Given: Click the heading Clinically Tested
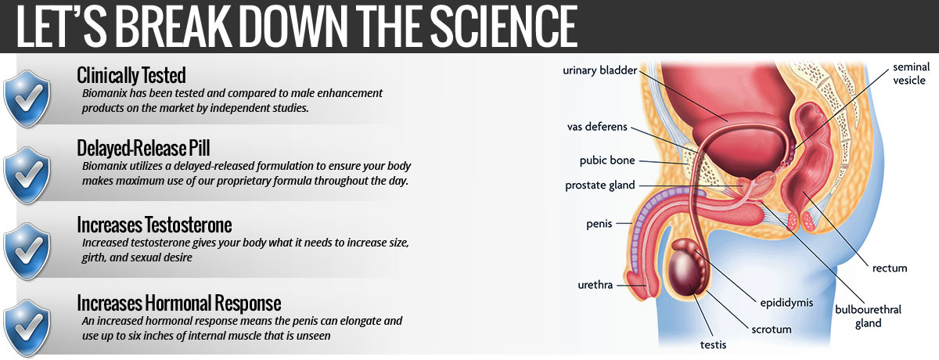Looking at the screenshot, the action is [131, 76].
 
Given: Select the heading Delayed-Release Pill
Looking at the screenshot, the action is [143, 149].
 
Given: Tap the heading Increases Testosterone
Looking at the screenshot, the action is [154, 225].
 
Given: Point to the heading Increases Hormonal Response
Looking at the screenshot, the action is [179, 303].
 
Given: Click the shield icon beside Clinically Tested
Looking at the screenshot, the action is [27, 99].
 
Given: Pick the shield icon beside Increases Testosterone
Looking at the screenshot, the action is [27, 251].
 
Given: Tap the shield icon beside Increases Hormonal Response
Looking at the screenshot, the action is [27, 328].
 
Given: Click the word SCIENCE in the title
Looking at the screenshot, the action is [503, 26].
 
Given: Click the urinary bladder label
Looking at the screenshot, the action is [600, 70].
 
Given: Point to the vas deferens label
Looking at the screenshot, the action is [597, 127].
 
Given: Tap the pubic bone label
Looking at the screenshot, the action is [607, 160].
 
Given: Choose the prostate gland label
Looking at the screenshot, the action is [600, 185].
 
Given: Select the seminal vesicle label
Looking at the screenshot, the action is [911, 74].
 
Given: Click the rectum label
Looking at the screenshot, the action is [890, 268].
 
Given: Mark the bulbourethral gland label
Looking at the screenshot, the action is [868, 316].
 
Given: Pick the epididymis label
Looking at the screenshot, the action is [786, 303].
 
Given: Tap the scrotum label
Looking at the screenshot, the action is [772, 329].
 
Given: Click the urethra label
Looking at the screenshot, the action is [595, 285].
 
